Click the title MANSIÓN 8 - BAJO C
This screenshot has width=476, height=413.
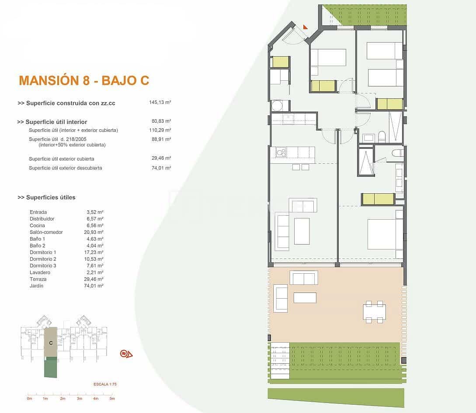(84, 80)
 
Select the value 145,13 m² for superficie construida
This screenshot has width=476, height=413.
(160, 103)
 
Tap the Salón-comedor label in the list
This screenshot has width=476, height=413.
(46, 232)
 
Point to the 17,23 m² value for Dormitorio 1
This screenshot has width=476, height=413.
(94, 252)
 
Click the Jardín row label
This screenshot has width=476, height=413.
(37, 286)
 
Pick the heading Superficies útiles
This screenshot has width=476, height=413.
(46, 197)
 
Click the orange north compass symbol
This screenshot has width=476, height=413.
(126, 354)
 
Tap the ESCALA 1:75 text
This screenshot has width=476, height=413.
(105, 384)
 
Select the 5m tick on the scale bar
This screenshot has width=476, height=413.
(112, 398)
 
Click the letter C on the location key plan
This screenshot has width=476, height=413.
(51, 343)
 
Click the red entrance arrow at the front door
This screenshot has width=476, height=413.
(305, 27)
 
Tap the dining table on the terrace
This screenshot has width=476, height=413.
(374, 312)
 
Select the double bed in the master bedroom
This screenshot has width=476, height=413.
(384, 234)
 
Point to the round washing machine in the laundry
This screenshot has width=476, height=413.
(277, 106)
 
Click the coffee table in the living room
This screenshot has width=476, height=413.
(302, 231)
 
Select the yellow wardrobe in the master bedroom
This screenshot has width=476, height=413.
(378, 199)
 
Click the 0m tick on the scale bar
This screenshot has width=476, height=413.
(29, 398)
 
